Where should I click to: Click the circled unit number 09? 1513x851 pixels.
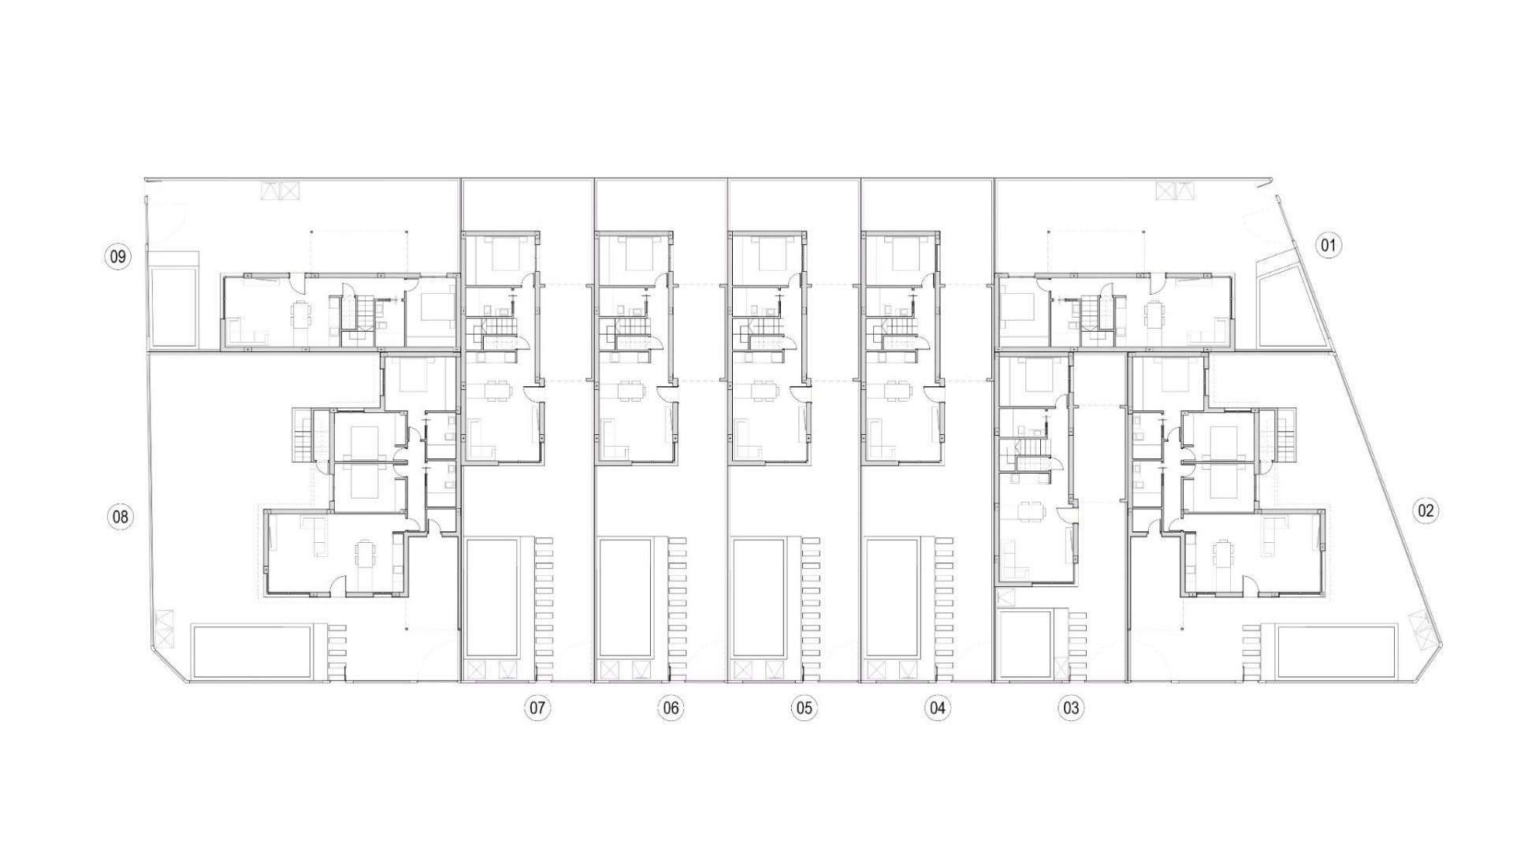[x=117, y=256]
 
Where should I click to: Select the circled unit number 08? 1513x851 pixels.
[x=120, y=517]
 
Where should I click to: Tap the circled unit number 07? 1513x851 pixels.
[x=537, y=708]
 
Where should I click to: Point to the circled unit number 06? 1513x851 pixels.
[x=671, y=708]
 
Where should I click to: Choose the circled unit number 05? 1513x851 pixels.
[x=804, y=708]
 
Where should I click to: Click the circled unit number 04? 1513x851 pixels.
[x=937, y=708]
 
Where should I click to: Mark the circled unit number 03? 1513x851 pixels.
[x=1070, y=708]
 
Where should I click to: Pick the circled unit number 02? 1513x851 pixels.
[x=1426, y=511]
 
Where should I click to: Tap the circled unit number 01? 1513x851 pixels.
[x=1328, y=246]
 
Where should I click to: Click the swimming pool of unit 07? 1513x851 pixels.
[x=493, y=598]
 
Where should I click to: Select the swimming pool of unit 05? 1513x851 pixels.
[x=759, y=598]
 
